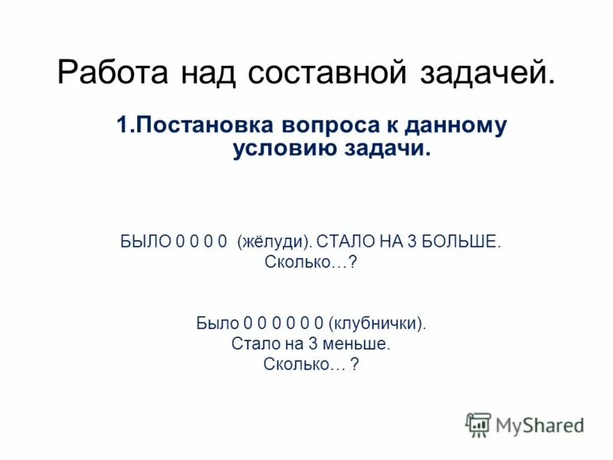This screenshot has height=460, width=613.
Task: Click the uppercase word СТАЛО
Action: click(345, 242)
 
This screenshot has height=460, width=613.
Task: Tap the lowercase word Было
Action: click(218, 324)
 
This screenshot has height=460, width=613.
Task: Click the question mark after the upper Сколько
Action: click(353, 263)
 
